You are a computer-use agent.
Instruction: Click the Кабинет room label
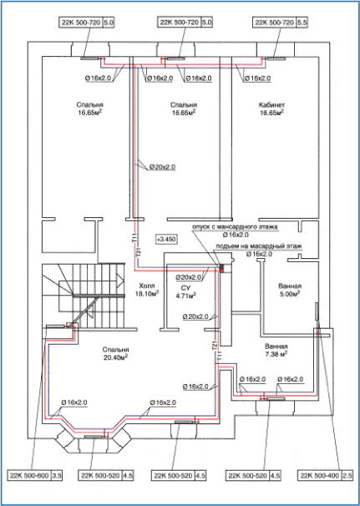click(x=272, y=105)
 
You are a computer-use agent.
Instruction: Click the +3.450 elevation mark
click(x=166, y=239)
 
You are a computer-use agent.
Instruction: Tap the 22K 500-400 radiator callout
click(x=318, y=475)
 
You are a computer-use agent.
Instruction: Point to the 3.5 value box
click(x=57, y=475)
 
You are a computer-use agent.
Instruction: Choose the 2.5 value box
click(x=346, y=475)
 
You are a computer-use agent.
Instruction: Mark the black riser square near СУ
click(x=222, y=268)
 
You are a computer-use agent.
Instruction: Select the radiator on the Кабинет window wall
click(x=272, y=58)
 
